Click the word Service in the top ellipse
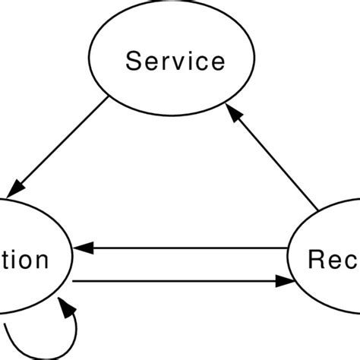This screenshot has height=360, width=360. click(x=175, y=62)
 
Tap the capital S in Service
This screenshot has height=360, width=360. click(x=134, y=62)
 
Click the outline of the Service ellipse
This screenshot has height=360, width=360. click(x=90, y=61)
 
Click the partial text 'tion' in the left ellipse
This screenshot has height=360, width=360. click(x=23, y=261)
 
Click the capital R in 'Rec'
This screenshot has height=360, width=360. click(x=317, y=260)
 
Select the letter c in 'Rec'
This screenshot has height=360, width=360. click(x=351, y=262)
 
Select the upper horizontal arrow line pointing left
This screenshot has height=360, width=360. click(x=190, y=247)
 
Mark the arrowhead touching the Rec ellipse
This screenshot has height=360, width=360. click(x=286, y=280)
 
